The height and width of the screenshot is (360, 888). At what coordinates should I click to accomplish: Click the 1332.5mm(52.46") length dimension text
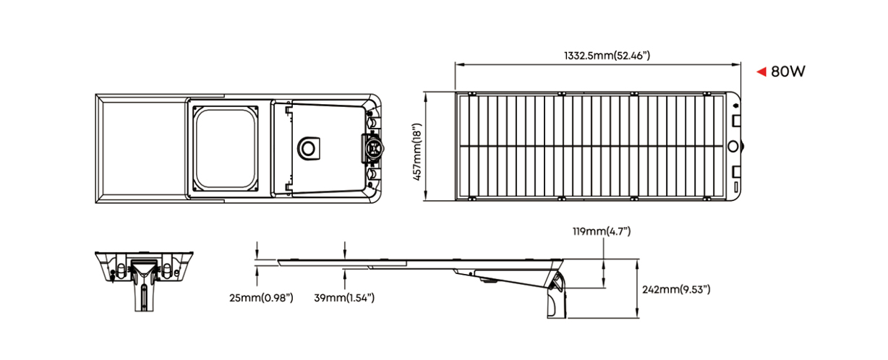point(607,56)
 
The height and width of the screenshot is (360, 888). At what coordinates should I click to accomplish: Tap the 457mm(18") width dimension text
point(417,152)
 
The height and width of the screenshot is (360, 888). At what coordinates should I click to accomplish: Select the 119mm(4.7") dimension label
point(602,231)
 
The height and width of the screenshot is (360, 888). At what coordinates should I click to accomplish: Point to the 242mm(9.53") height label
point(676,289)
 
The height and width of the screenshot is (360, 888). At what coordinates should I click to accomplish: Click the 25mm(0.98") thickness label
point(261,298)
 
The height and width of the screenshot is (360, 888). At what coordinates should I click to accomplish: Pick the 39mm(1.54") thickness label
point(344,298)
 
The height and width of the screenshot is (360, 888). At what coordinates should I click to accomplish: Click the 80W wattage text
point(788,72)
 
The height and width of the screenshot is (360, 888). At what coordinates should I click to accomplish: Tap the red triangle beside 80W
point(761,72)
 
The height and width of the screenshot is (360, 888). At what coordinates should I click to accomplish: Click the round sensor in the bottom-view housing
point(309,149)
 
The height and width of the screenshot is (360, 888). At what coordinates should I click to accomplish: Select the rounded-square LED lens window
point(226,149)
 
